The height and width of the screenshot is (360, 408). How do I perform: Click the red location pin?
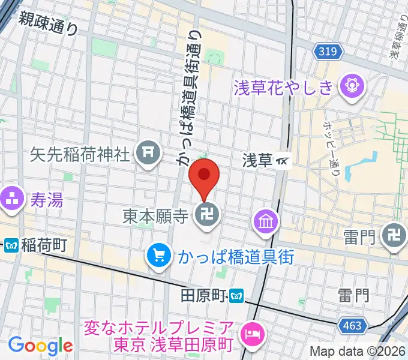tap(204, 175)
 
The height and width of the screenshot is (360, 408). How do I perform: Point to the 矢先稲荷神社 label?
tap(80, 154)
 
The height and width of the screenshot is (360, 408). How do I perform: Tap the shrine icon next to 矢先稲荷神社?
tap(148, 155)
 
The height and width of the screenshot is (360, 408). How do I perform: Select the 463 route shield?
tap(352, 326)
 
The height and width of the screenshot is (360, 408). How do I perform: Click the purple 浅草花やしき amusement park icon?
tap(350, 88)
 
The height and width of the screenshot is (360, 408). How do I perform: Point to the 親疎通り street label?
tap(49, 23)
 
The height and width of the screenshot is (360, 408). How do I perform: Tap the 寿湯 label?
tap(46, 198)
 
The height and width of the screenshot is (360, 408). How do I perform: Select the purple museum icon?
tap(265, 222)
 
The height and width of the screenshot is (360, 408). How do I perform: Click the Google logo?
tap(40, 346)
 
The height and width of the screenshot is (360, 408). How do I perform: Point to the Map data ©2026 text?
tap(358, 352)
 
